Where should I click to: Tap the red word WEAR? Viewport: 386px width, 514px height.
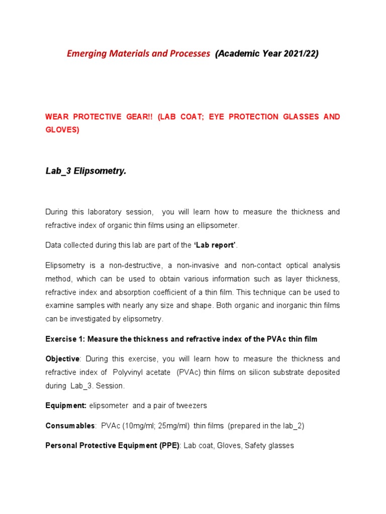coord(57,117)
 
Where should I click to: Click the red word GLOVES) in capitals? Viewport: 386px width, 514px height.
coord(62,130)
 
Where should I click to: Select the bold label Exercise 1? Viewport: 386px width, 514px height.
coord(65,339)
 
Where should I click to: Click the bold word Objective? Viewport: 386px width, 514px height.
coord(62,359)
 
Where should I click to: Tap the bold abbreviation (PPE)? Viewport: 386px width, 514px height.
coord(169,446)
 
